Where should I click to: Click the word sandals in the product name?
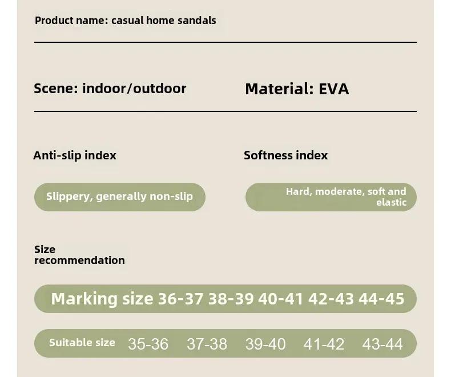197,21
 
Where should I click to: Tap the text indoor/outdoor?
134,89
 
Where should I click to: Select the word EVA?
334,89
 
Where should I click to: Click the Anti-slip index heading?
75,155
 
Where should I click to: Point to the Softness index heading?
286,155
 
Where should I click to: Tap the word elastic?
392,202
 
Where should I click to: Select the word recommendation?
80,260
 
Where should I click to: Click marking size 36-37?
180,299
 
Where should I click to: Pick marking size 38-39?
231,299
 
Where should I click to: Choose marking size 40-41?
281,299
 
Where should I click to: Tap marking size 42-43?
331,299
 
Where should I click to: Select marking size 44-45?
382,299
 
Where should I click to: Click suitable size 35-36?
148,344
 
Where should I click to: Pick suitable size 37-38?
207,344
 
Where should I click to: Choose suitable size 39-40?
265,344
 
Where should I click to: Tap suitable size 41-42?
324,344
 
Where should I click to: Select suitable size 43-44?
382,344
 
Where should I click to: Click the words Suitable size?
82,343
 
